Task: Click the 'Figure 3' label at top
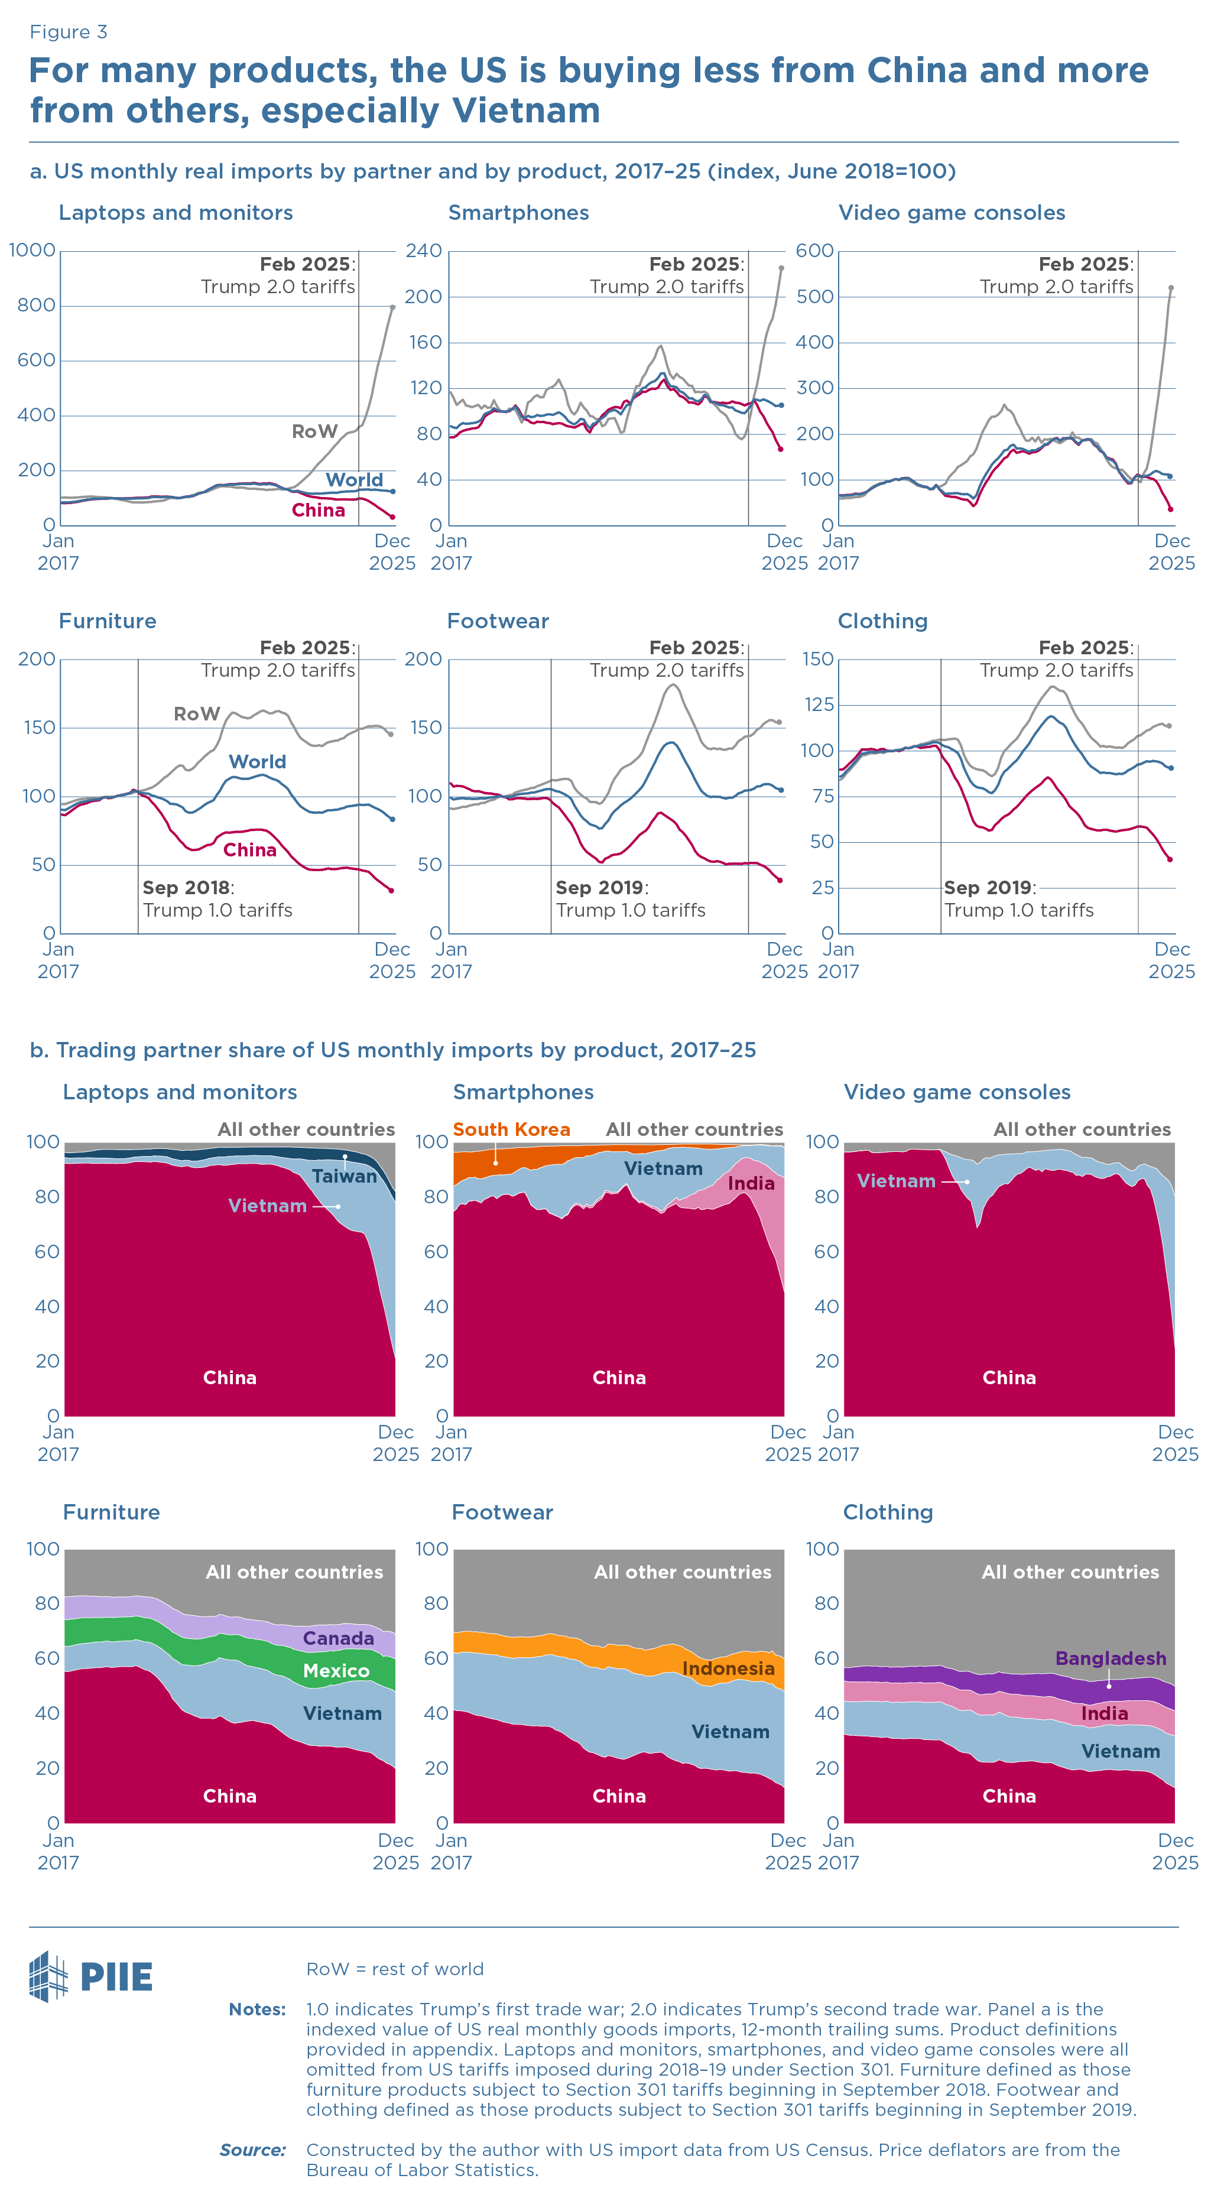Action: pos(68,32)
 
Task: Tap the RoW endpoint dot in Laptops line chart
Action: pos(393,307)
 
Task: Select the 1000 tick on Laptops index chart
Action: pos(33,251)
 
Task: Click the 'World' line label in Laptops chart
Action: pos(353,480)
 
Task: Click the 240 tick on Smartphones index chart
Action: pos(424,251)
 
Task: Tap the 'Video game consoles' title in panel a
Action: pos(951,213)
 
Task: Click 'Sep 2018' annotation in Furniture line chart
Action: pos(186,888)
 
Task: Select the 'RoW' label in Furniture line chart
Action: pos(197,714)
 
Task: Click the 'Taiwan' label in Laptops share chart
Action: pos(344,1177)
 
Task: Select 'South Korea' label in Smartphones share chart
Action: pos(511,1129)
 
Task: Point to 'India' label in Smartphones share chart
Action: pos(751,1184)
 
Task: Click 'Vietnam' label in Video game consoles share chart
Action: pos(896,1181)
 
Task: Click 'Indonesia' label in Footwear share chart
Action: pos(728,1668)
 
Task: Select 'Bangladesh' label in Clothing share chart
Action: pos(1111,1658)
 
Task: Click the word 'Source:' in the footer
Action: pos(252,2150)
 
